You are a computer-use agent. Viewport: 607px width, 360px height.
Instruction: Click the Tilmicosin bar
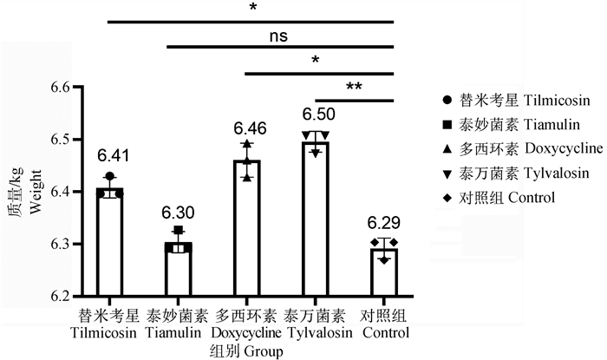109,243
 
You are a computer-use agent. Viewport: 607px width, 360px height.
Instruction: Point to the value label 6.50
318,115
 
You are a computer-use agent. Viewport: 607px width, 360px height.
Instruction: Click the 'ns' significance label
277,36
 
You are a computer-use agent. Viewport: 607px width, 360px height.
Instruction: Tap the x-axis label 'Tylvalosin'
317,333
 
